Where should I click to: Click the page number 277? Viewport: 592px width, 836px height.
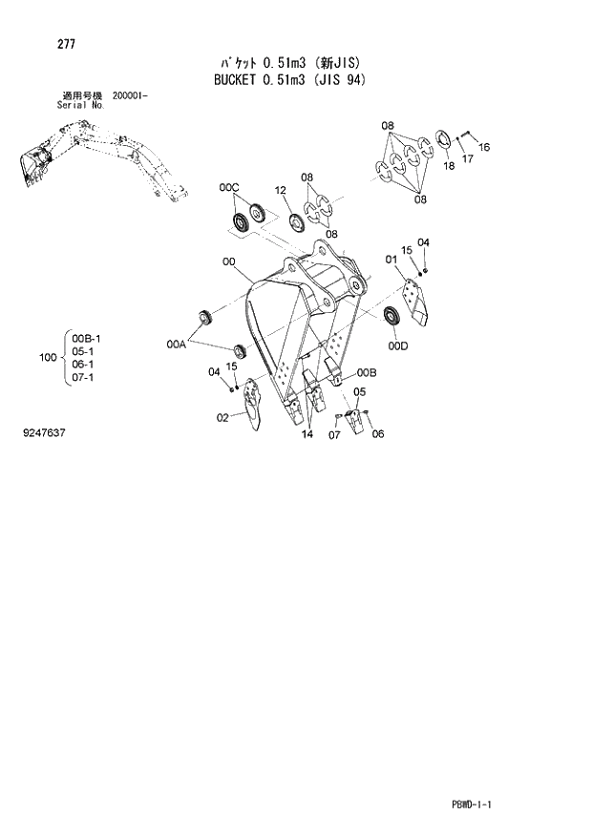(41, 44)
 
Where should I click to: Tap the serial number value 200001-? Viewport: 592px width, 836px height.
(130, 96)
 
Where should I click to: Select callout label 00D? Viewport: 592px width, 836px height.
(398, 345)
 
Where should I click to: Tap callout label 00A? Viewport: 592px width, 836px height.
(176, 344)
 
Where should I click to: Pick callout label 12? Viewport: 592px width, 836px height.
(281, 191)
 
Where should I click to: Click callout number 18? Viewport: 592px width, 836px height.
(449, 166)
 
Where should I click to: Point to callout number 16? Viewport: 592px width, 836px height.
(484, 147)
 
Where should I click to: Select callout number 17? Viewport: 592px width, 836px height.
(468, 158)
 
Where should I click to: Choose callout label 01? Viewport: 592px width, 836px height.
(391, 259)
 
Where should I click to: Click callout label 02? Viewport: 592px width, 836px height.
(222, 416)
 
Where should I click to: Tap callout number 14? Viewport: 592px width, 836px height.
(307, 435)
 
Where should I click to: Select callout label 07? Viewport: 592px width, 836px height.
(334, 436)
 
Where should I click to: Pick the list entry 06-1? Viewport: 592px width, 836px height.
(86, 365)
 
